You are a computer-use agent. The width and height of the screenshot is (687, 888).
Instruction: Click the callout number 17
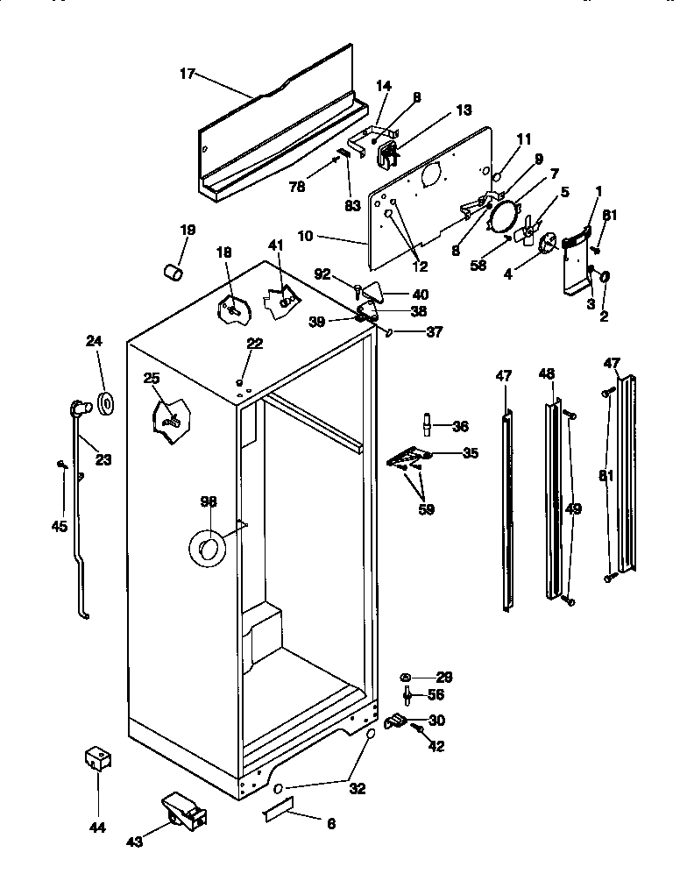point(187,75)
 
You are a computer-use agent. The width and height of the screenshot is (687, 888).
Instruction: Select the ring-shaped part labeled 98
point(209,550)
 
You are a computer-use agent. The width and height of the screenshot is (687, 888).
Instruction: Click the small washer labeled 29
point(407,678)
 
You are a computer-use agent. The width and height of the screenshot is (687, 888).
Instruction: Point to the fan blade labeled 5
point(527,231)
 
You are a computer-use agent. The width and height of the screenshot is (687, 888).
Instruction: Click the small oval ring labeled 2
point(605,277)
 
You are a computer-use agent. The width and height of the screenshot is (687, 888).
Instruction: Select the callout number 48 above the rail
point(547,373)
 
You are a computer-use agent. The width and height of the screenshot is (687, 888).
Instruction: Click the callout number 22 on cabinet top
point(254,344)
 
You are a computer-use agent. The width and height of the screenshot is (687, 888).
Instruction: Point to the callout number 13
point(463,110)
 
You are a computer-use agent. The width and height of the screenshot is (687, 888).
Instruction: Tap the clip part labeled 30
point(397,721)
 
